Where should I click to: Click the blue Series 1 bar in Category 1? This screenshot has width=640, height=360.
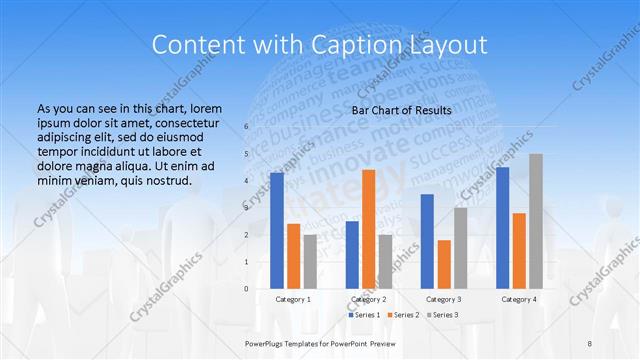click(277, 231)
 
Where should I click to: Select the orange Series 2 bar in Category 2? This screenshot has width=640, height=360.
click(368, 229)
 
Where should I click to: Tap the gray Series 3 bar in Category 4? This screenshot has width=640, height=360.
click(536, 221)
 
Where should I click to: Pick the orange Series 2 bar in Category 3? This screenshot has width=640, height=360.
click(443, 264)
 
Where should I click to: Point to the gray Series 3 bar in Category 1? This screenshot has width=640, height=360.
click(310, 262)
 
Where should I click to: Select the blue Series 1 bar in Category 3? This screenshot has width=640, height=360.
click(427, 241)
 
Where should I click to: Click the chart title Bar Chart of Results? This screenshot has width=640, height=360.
click(401, 110)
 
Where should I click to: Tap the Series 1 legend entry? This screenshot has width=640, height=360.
click(365, 315)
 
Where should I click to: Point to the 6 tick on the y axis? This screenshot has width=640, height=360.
click(246, 127)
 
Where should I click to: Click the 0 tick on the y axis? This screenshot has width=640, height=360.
click(246, 289)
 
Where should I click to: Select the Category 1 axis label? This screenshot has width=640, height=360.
click(293, 299)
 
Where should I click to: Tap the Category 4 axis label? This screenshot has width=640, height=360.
click(518, 299)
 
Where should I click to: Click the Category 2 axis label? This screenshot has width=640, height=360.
click(368, 299)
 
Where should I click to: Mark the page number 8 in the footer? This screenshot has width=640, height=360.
click(590, 342)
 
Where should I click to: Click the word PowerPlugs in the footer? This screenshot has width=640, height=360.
click(268, 342)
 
